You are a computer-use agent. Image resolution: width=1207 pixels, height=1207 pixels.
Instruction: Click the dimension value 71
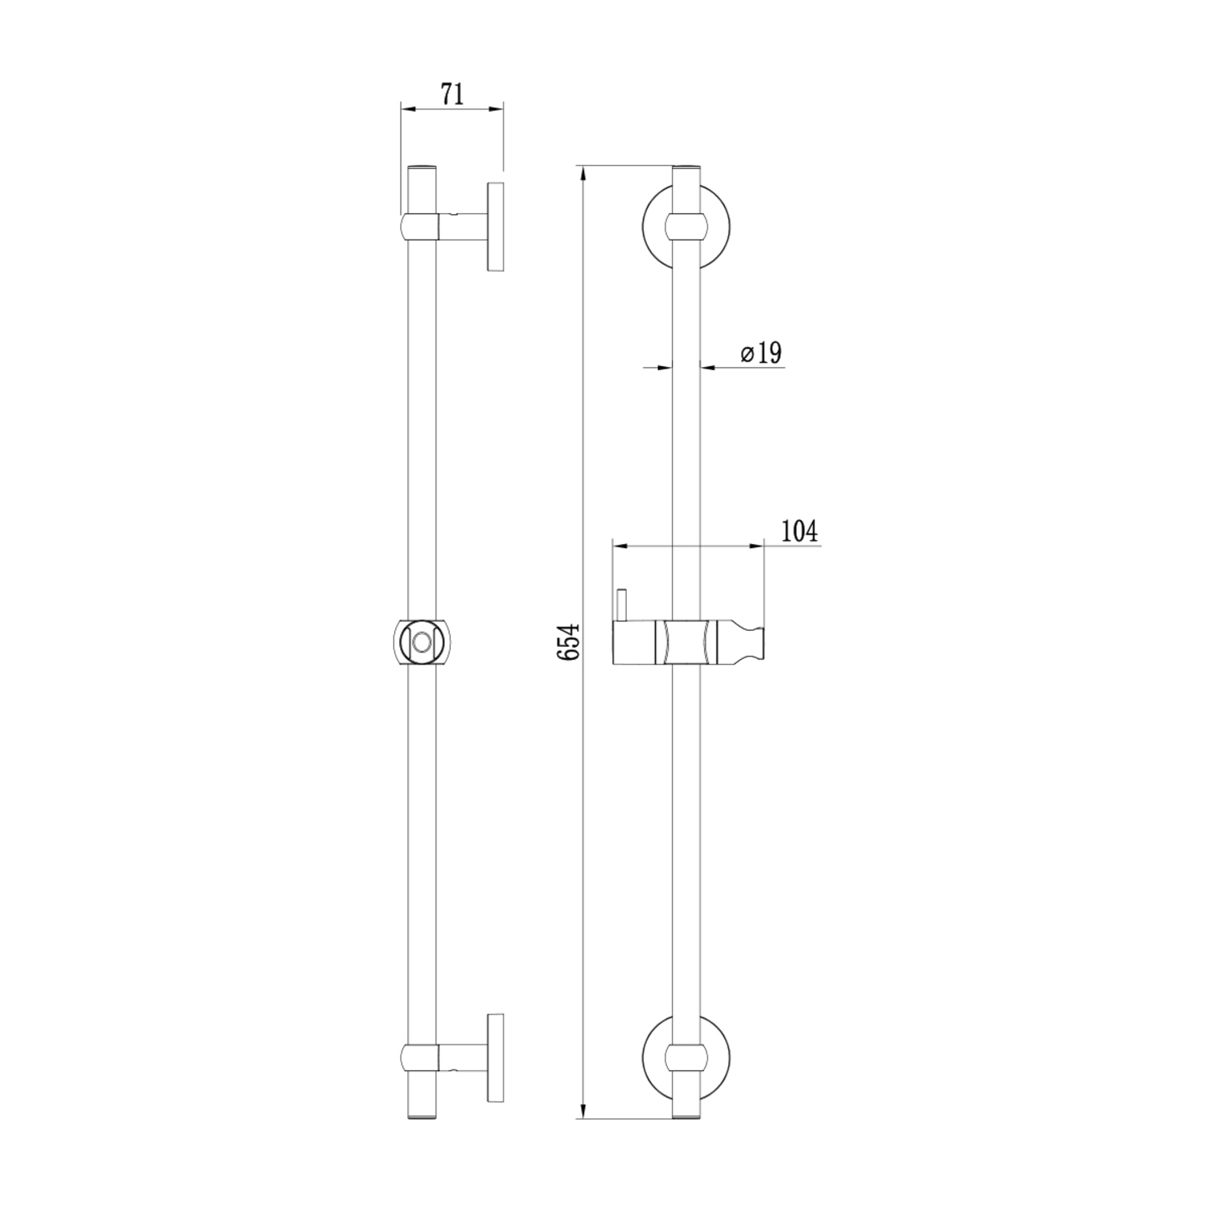(x=452, y=94)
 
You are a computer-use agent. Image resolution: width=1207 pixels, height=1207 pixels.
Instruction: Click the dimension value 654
(x=569, y=641)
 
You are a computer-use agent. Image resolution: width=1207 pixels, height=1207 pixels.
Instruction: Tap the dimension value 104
(x=799, y=531)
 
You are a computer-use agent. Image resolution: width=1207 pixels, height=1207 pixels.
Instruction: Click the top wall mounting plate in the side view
(x=495, y=227)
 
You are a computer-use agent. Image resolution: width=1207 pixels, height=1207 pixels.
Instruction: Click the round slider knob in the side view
(x=421, y=642)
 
